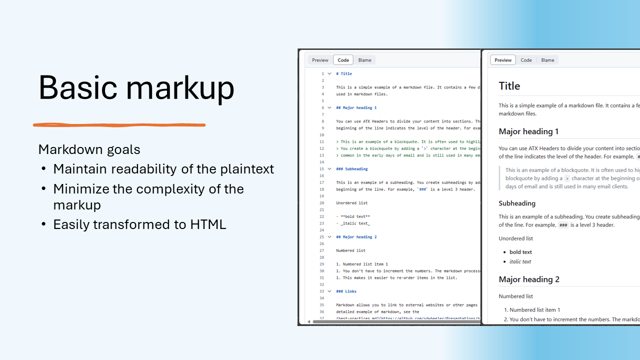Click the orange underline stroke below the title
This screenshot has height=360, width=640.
click(x=119, y=125)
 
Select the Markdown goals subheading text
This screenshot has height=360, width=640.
click(x=89, y=149)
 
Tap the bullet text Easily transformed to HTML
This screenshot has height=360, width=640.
click(x=139, y=224)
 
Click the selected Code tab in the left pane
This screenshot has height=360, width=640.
click(x=343, y=60)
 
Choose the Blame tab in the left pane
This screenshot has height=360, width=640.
click(x=364, y=60)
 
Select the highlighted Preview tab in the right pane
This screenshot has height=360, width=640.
click(x=502, y=60)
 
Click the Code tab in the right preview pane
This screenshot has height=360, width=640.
click(x=526, y=60)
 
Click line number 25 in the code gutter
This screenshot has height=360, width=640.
click(x=321, y=237)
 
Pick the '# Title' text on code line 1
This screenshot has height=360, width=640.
click(x=344, y=73)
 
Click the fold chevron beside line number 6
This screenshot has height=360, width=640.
click(x=329, y=107)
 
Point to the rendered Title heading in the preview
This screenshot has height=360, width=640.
click(x=509, y=86)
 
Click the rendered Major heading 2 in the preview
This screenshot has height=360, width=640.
click(x=529, y=279)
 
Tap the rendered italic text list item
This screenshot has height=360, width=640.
click(x=520, y=261)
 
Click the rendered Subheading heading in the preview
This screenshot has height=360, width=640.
click(x=517, y=203)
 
